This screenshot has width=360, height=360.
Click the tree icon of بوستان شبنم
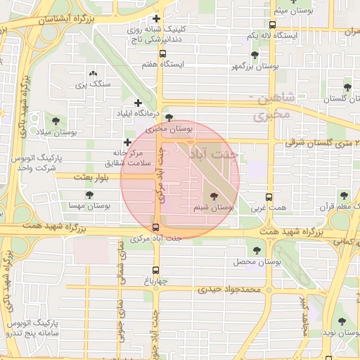coord(213,197)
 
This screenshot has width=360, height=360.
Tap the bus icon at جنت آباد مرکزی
coord(155,226)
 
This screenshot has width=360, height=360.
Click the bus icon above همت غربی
coord(269,198)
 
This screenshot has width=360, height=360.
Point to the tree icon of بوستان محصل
coord(254,249)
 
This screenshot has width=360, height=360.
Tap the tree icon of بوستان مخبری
coord(168,118)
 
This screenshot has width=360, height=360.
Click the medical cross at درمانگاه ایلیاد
coord(138,103)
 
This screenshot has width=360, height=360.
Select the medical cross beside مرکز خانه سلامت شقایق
coord(127,143)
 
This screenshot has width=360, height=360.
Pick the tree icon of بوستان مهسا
coord(89,195)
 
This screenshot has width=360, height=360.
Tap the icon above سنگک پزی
coord(93,72)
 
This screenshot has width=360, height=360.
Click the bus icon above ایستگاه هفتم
coord(162,53)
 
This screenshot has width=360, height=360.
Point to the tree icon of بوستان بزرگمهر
coord(254,54)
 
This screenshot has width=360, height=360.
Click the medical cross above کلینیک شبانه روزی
coord(155,18)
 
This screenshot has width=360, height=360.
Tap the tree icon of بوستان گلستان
coord(347,87)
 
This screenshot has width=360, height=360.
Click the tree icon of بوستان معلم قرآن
coord(344,195)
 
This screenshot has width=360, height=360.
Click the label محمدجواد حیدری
coord(230,289)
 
